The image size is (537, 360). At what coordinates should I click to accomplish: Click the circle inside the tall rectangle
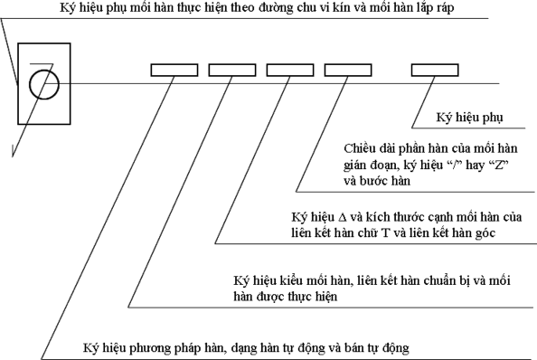[42, 85]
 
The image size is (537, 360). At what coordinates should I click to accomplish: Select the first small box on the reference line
[174, 70]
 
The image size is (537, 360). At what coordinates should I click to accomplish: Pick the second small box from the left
[232, 70]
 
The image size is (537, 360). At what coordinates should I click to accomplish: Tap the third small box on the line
[290, 70]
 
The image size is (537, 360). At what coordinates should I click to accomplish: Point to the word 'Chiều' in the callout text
[362, 147]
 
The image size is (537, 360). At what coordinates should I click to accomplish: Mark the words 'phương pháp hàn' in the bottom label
[167, 346]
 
